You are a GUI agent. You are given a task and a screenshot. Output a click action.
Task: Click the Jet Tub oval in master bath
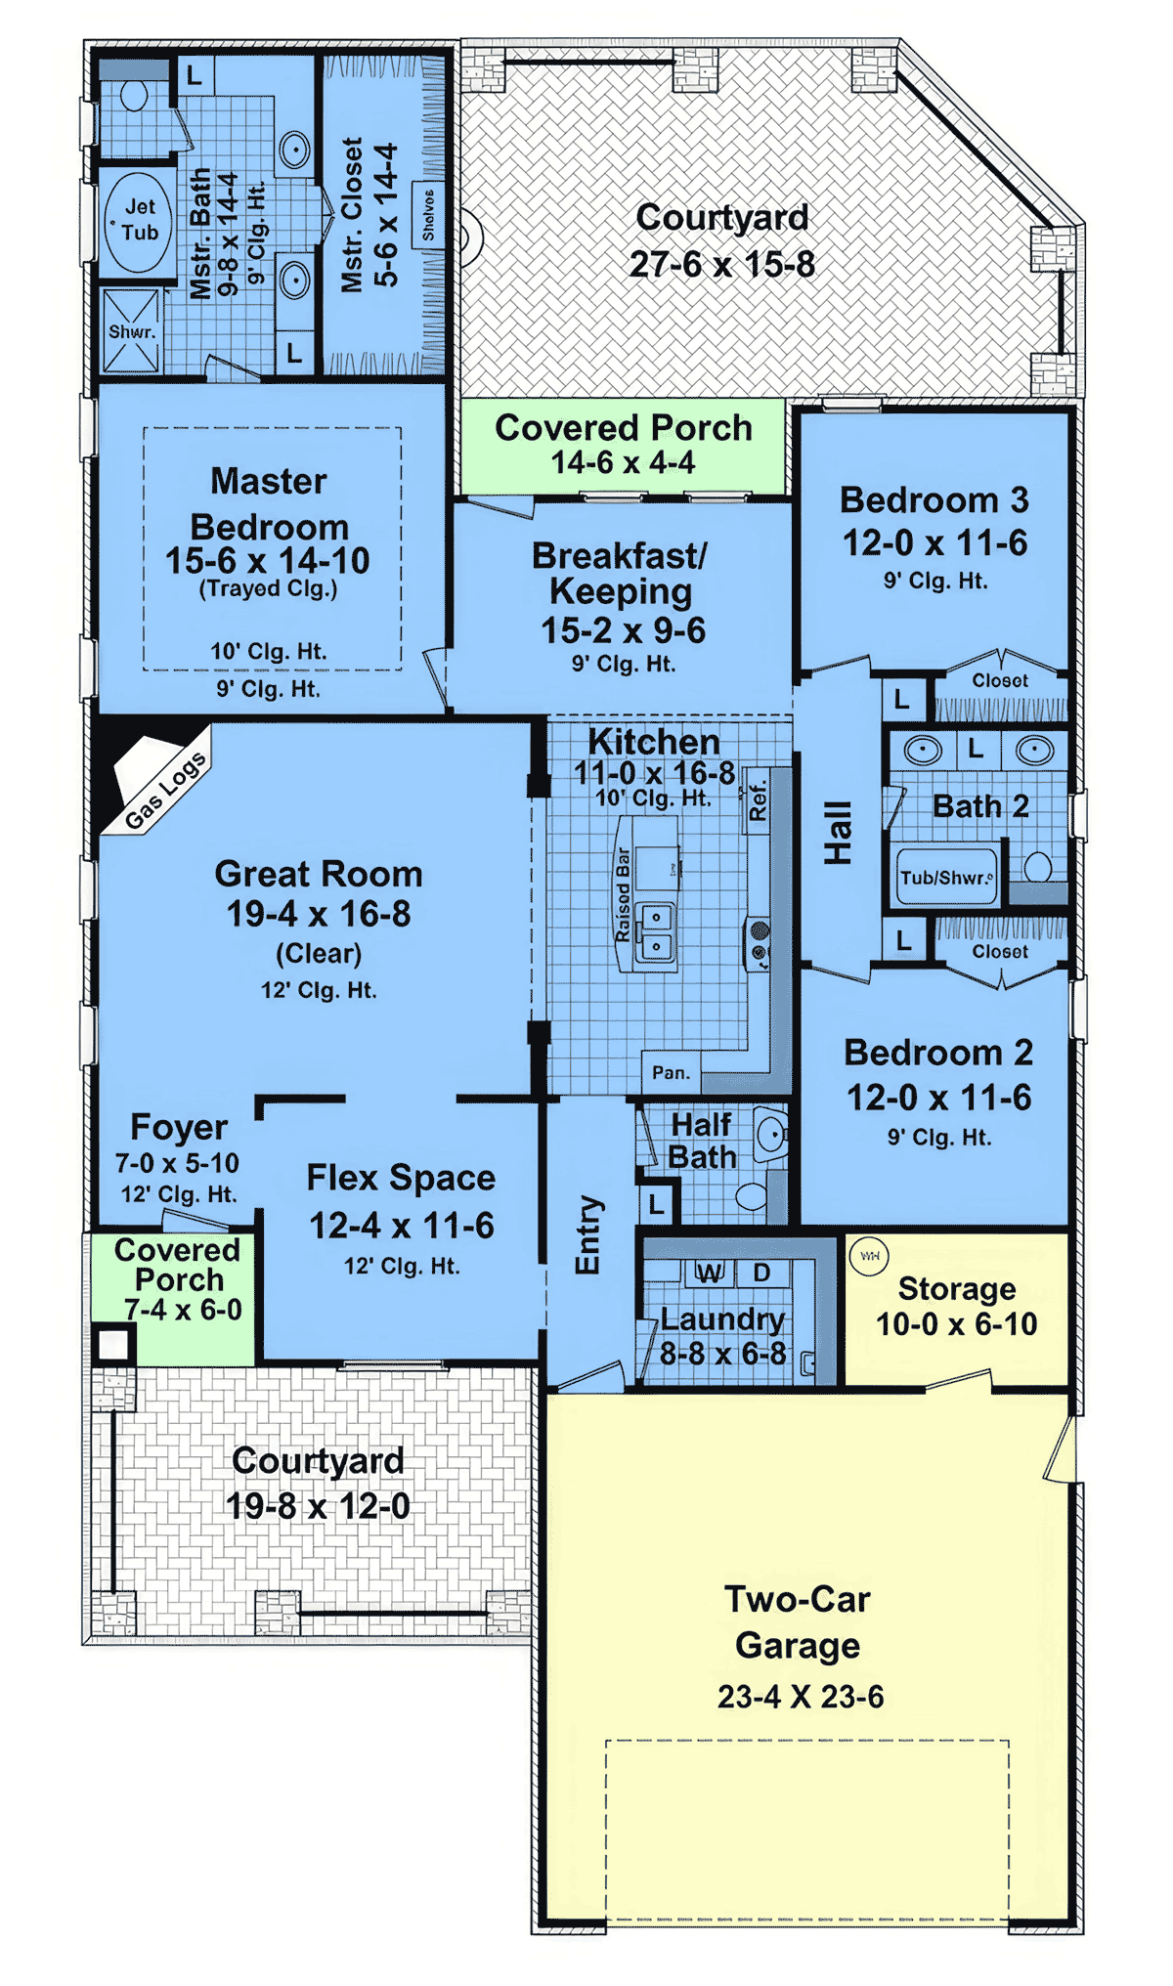pos(139,221)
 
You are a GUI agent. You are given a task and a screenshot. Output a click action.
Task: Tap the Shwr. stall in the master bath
pos(131,330)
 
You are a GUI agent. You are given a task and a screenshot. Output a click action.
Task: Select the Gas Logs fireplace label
pos(166,791)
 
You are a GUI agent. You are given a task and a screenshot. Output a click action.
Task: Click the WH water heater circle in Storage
pos(869,1256)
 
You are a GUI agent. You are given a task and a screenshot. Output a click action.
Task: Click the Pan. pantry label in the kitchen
pos(671,1072)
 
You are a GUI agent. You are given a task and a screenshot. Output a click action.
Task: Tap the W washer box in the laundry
pos(710,1273)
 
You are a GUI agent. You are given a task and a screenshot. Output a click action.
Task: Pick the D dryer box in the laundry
pos(762,1273)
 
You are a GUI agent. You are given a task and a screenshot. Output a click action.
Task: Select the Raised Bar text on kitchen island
pos(623,895)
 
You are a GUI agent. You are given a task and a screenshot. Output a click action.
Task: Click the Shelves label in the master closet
pos(428,214)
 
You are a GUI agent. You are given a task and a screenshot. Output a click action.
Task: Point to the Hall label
pos(839,833)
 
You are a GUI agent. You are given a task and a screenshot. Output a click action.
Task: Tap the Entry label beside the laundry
pos(586,1235)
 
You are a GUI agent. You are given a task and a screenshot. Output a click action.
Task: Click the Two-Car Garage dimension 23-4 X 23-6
pos(801,1697)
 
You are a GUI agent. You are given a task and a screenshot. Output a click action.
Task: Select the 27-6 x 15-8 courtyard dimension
pos(722,264)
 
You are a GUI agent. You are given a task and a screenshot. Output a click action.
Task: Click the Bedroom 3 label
pos(934,500)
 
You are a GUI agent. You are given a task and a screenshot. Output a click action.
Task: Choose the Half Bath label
pos(702,1141)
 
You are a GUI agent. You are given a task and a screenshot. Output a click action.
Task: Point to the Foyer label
pos(179,1127)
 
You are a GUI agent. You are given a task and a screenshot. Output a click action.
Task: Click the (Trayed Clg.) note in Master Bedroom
pos(268,588)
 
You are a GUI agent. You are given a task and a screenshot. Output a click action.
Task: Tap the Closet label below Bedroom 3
pos(1000,680)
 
